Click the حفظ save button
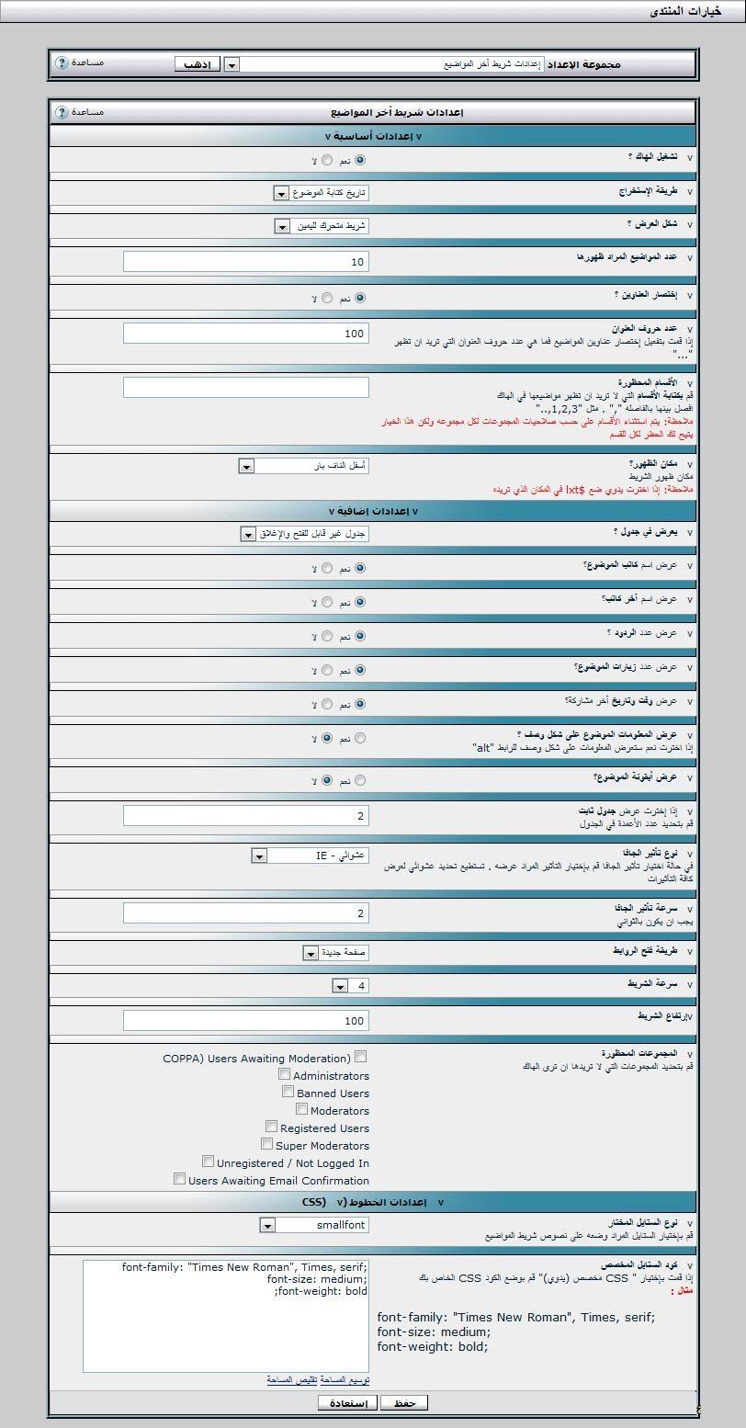(404, 1402)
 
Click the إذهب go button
(198, 64)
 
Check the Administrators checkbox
(285, 1074)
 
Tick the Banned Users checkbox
(288, 1092)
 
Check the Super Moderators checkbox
(267, 1144)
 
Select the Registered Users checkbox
(272, 1127)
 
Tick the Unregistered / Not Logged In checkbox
(209, 1162)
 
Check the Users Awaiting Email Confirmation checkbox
(179, 1179)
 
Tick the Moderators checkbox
(302, 1109)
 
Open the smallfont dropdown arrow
(267, 1225)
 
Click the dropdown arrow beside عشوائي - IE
(259, 856)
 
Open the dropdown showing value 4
(340, 986)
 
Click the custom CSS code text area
(226, 1316)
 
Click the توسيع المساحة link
(346, 1380)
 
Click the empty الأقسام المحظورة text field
(246, 387)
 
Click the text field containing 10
(246, 262)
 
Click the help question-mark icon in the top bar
(62, 63)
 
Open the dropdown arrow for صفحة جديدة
(311, 952)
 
